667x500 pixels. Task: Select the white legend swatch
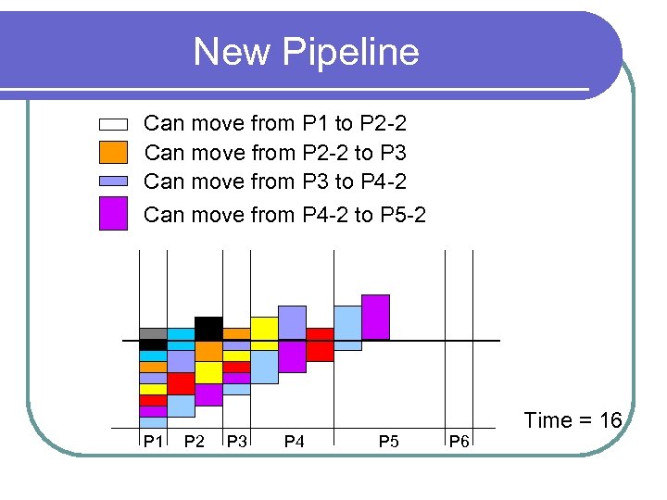(113, 124)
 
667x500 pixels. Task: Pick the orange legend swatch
(113, 152)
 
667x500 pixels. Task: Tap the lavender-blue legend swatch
(113, 181)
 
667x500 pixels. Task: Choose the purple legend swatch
(113, 213)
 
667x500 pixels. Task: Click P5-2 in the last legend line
(403, 215)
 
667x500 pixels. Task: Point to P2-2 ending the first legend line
(383, 123)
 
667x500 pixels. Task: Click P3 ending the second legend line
(394, 152)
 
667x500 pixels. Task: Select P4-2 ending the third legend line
(383, 181)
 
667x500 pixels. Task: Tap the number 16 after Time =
(610, 420)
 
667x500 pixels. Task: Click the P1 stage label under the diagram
(152, 442)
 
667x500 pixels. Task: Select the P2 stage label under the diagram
(195, 442)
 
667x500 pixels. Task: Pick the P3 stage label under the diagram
(236, 442)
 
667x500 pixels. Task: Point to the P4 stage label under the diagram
(294, 442)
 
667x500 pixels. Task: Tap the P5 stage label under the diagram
(389, 442)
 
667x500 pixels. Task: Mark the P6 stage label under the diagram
(459, 442)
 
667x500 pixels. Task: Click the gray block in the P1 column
(153, 333)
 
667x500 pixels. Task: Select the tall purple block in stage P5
(375, 317)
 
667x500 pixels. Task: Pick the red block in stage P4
(320, 344)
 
